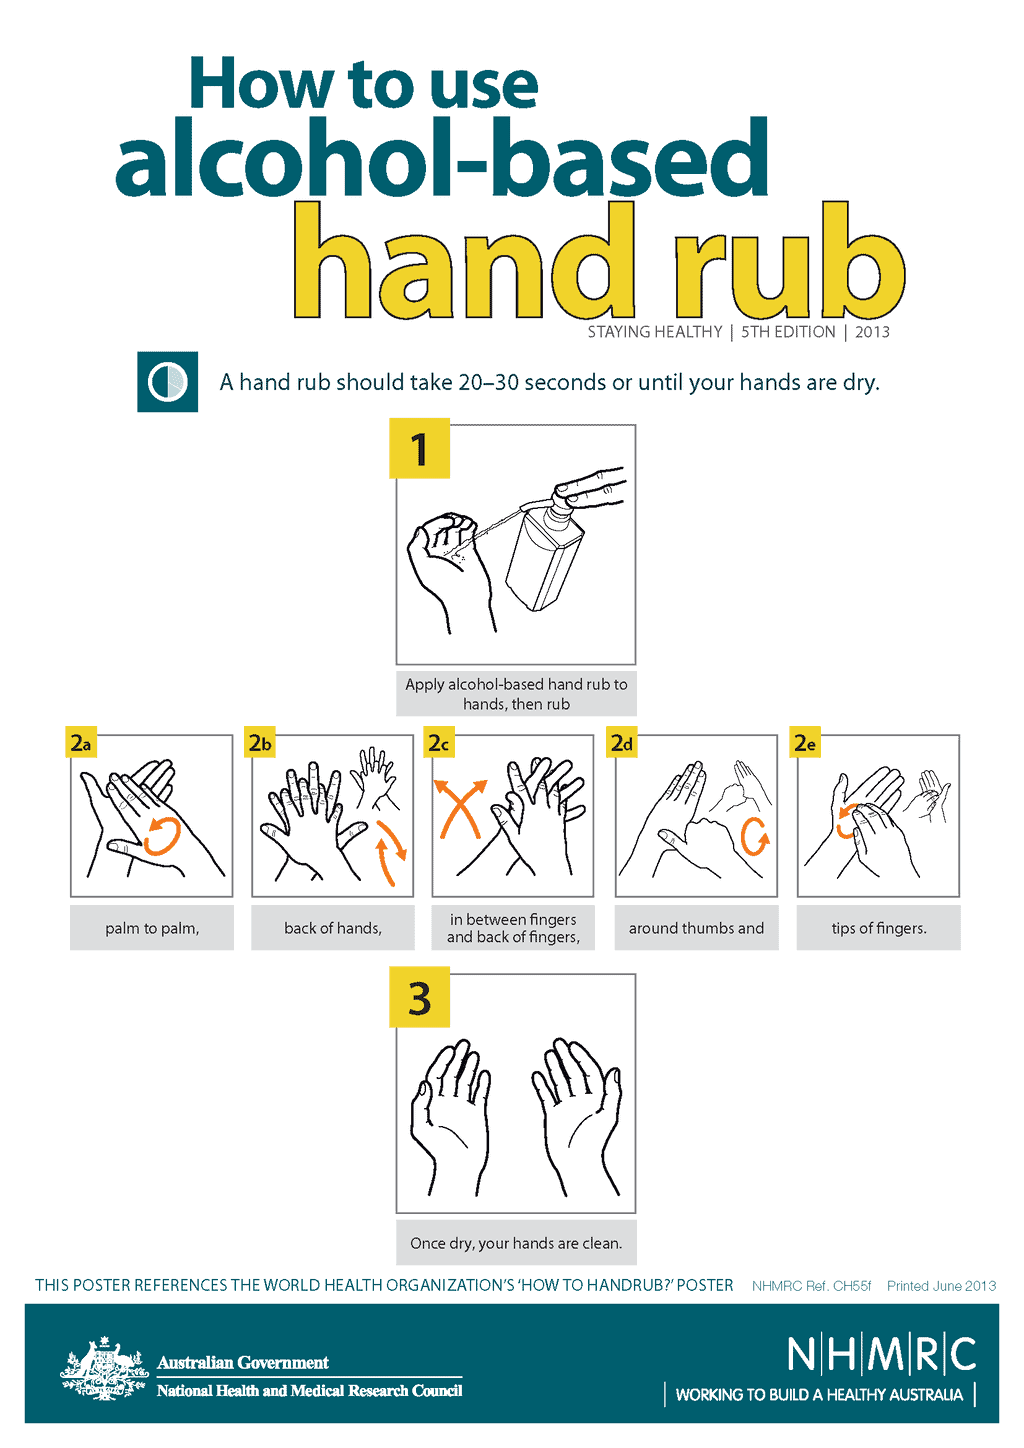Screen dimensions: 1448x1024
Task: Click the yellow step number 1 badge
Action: pyautogui.click(x=419, y=449)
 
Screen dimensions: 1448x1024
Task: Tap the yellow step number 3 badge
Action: pyautogui.click(x=419, y=999)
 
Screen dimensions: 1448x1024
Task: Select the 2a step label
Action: pyautogui.click(x=81, y=743)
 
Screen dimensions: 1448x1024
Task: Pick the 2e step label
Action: pyautogui.click(x=805, y=743)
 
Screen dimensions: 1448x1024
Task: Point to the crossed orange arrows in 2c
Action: pyautogui.click(x=459, y=808)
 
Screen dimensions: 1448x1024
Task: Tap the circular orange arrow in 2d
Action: pyautogui.click(x=755, y=836)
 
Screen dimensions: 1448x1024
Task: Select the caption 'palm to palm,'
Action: pyautogui.click(x=152, y=928)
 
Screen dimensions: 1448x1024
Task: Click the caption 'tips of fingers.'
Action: pyautogui.click(x=879, y=928)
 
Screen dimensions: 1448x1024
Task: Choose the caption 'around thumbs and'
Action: pyautogui.click(x=696, y=928)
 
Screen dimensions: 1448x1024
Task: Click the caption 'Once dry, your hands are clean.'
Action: pyautogui.click(x=516, y=1243)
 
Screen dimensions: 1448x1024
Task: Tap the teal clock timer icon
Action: pyautogui.click(x=167, y=382)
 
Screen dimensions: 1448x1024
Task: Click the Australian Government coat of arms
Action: pyautogui.click(x=103, y=1369)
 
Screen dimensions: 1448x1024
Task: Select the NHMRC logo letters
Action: pyautogui.click(x=881, y=1354)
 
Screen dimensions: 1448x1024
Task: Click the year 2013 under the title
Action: pyautogui.click(x=872, y=332)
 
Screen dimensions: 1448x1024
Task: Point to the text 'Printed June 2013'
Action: pyautogui.click(x=941, y=1286)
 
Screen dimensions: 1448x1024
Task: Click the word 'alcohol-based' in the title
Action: pyautogui.click(x=441, y=158)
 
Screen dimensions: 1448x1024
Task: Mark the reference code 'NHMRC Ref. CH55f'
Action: pyautogui.click(x=811, y=1286)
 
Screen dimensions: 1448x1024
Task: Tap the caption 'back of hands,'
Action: pyautogui.click(x=333, y=928)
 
